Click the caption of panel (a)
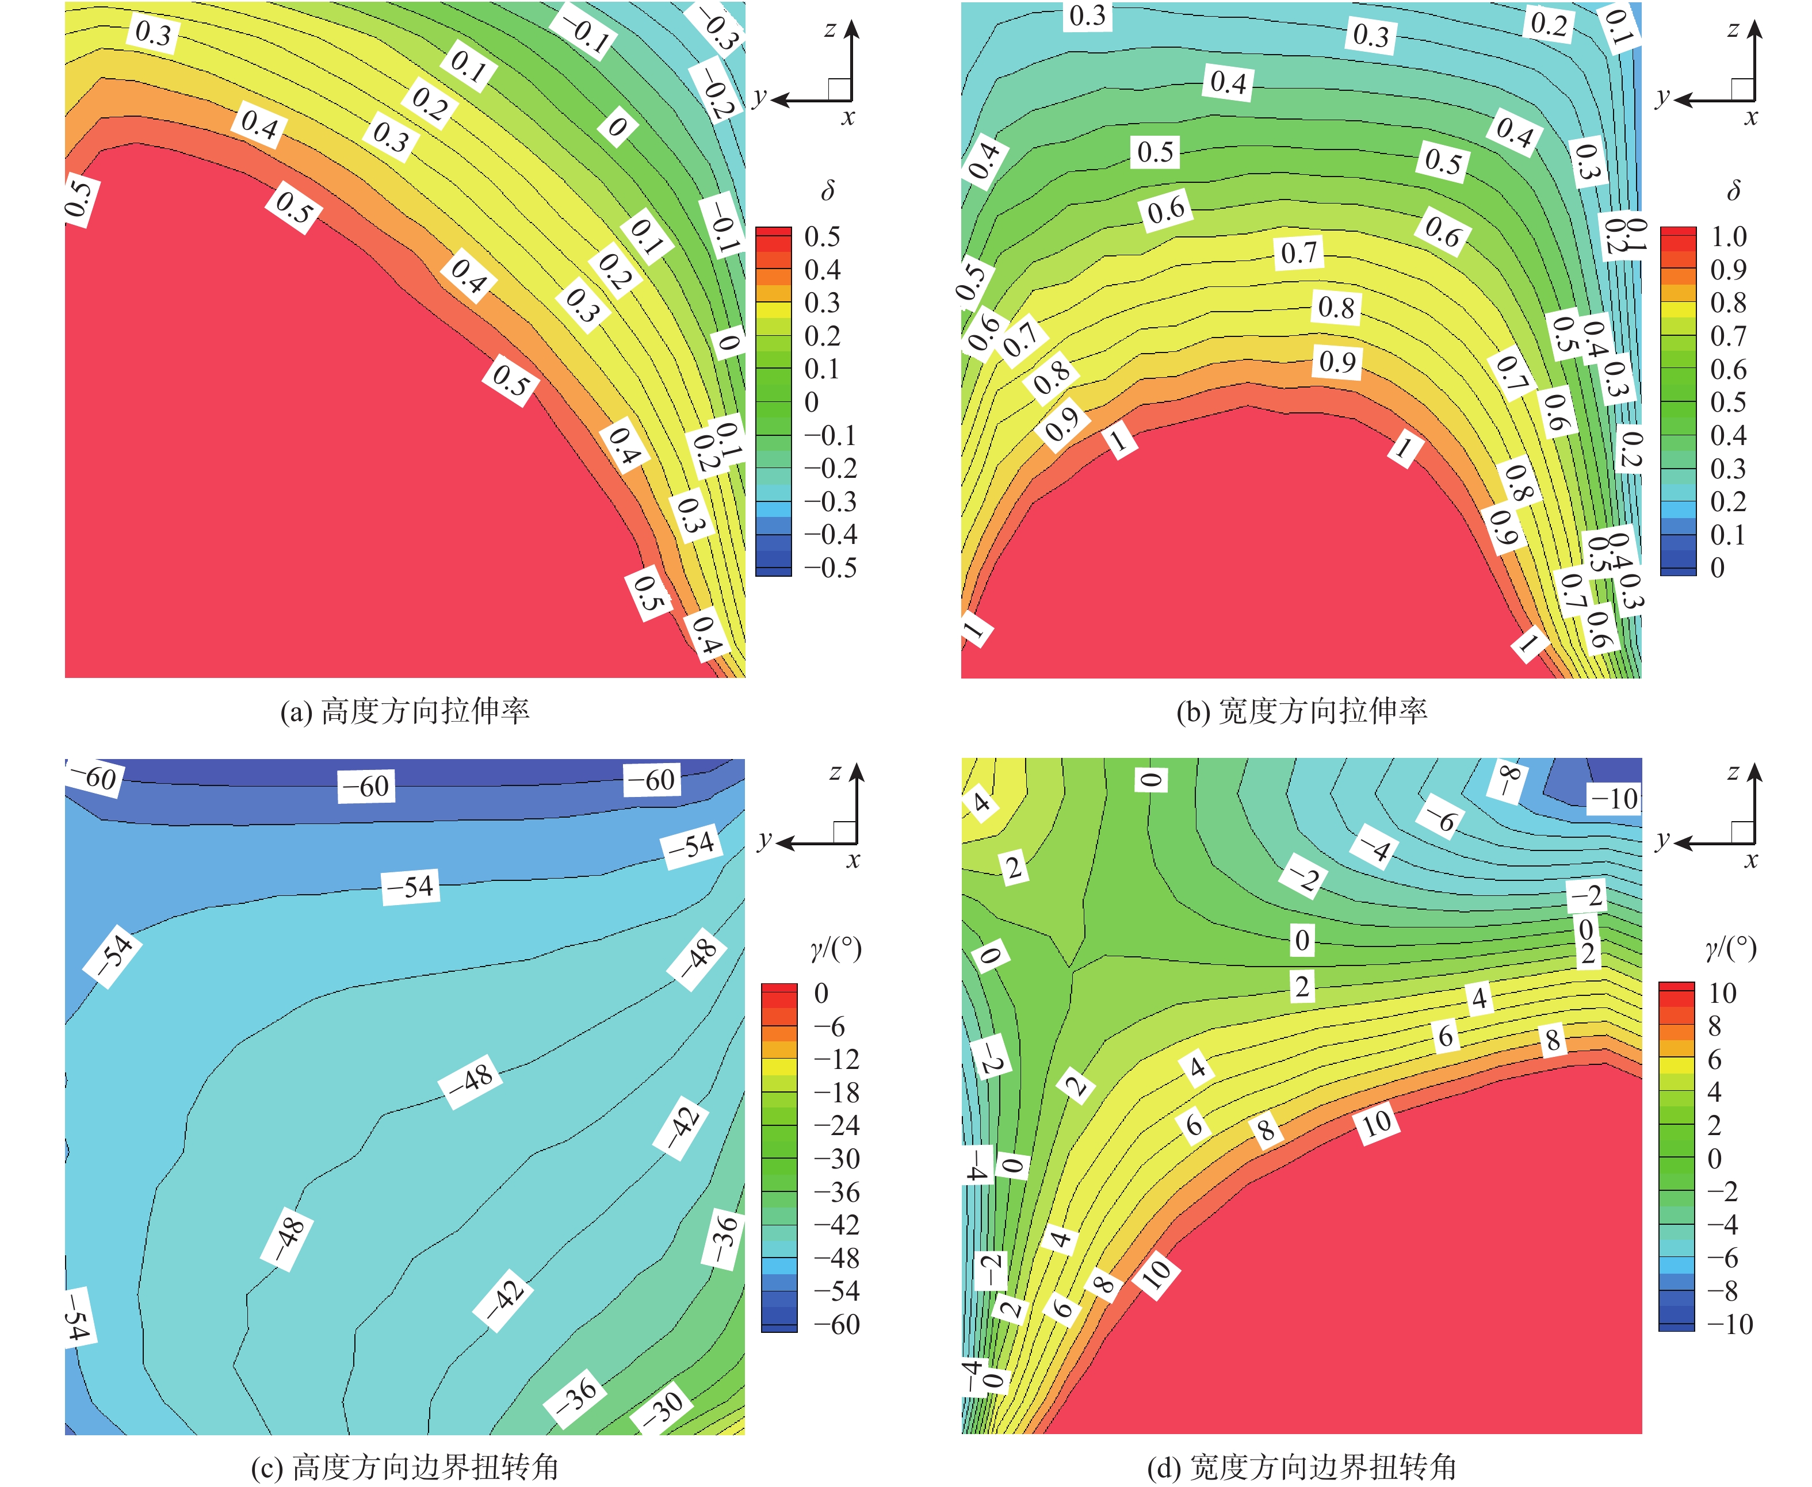[404, 711]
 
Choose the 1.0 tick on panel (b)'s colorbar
[1728, 236]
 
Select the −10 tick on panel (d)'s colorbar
[1730, 1324]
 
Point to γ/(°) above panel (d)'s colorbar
[1731, 948]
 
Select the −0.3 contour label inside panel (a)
[718, 28]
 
